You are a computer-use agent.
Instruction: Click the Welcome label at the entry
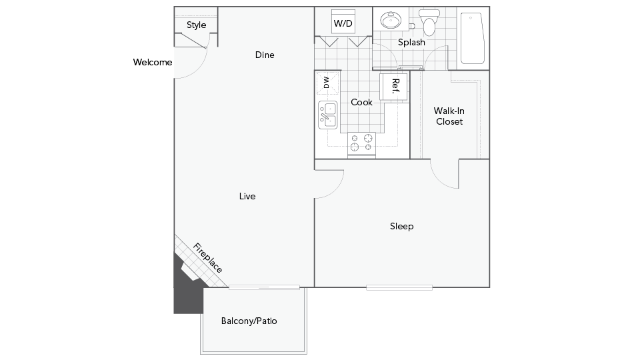click(152, 63)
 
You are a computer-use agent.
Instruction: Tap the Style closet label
click(196, 25)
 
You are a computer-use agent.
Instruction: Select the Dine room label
click(265, 55)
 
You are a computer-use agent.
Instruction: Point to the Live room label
click(247, 196)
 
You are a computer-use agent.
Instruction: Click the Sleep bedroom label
click(401, 227)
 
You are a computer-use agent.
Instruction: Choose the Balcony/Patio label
click(249, 321)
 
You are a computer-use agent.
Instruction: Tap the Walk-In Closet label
click(449, 116)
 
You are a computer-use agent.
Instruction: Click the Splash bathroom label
click(411, 43)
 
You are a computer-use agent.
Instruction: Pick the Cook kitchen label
click(361, 103)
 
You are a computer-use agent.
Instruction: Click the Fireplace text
click(208, 258)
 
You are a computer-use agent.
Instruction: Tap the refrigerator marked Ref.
click(393, 87)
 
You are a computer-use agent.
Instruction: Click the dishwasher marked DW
click(328, 83)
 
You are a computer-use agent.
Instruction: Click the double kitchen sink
click(328, 115)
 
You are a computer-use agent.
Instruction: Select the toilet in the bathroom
click(429, 23)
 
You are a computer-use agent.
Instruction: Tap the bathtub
click(472, 38)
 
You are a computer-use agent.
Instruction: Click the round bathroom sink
click(391, 20)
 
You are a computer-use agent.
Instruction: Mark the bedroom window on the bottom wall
click(399, 288)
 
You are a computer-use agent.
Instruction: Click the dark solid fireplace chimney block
click(186, 291)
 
